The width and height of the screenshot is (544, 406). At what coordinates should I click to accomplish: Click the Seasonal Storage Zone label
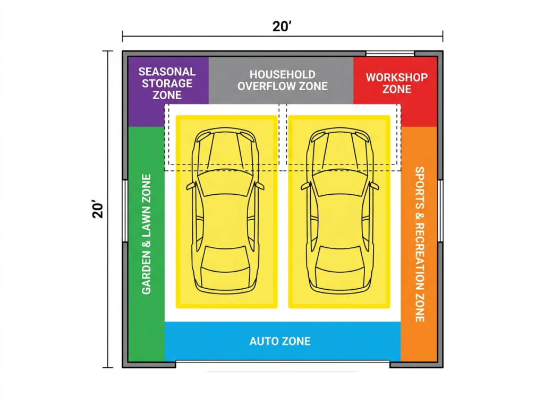[167, 83]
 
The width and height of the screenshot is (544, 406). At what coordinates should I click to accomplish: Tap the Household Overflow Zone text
[282, 80]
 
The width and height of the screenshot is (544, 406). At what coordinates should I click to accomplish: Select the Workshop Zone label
[396, 83]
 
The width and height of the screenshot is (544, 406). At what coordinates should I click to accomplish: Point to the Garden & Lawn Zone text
[147, 234]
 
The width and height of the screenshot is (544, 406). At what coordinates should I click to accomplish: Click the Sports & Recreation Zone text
[419, 244]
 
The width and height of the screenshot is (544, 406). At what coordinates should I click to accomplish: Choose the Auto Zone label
[280, 341]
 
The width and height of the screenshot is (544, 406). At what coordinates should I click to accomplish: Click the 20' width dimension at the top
[283, 27]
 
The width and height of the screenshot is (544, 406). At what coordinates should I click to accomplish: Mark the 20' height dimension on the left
[97, 209]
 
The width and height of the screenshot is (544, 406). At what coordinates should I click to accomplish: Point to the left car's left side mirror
[190, 186]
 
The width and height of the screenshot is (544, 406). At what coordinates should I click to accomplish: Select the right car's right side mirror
[375, 186]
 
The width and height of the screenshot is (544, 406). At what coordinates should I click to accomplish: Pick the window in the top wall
[390, 53]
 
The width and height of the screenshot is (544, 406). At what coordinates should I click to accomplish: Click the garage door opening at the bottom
[283, 364]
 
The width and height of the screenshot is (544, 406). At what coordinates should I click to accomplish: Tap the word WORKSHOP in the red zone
[396, 77]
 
